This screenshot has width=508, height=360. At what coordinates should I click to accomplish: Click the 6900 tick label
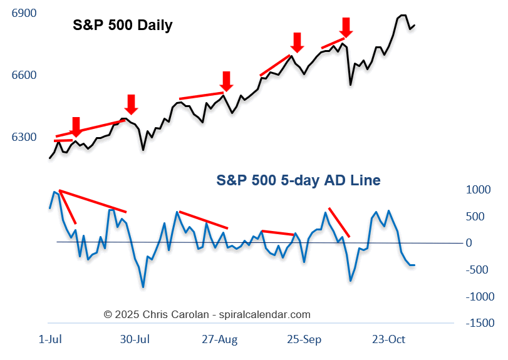click(x=24, y=13)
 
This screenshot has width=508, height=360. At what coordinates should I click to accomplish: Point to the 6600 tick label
click(x=24, y=75)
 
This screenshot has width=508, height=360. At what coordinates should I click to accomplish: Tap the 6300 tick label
click(x=24, y=137)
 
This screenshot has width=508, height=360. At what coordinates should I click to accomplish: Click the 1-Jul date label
click(x=50, y=340)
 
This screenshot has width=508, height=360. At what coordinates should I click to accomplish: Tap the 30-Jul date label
click(x=134, y=340)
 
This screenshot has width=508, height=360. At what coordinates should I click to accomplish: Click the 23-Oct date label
click(x=389, y=340)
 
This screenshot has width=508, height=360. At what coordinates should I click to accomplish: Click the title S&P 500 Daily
click(x=122, y=26)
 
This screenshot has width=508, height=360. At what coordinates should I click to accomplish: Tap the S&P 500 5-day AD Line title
click(x=298, y=180)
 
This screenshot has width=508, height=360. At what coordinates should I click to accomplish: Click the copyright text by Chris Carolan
click(x=207, y=314)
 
